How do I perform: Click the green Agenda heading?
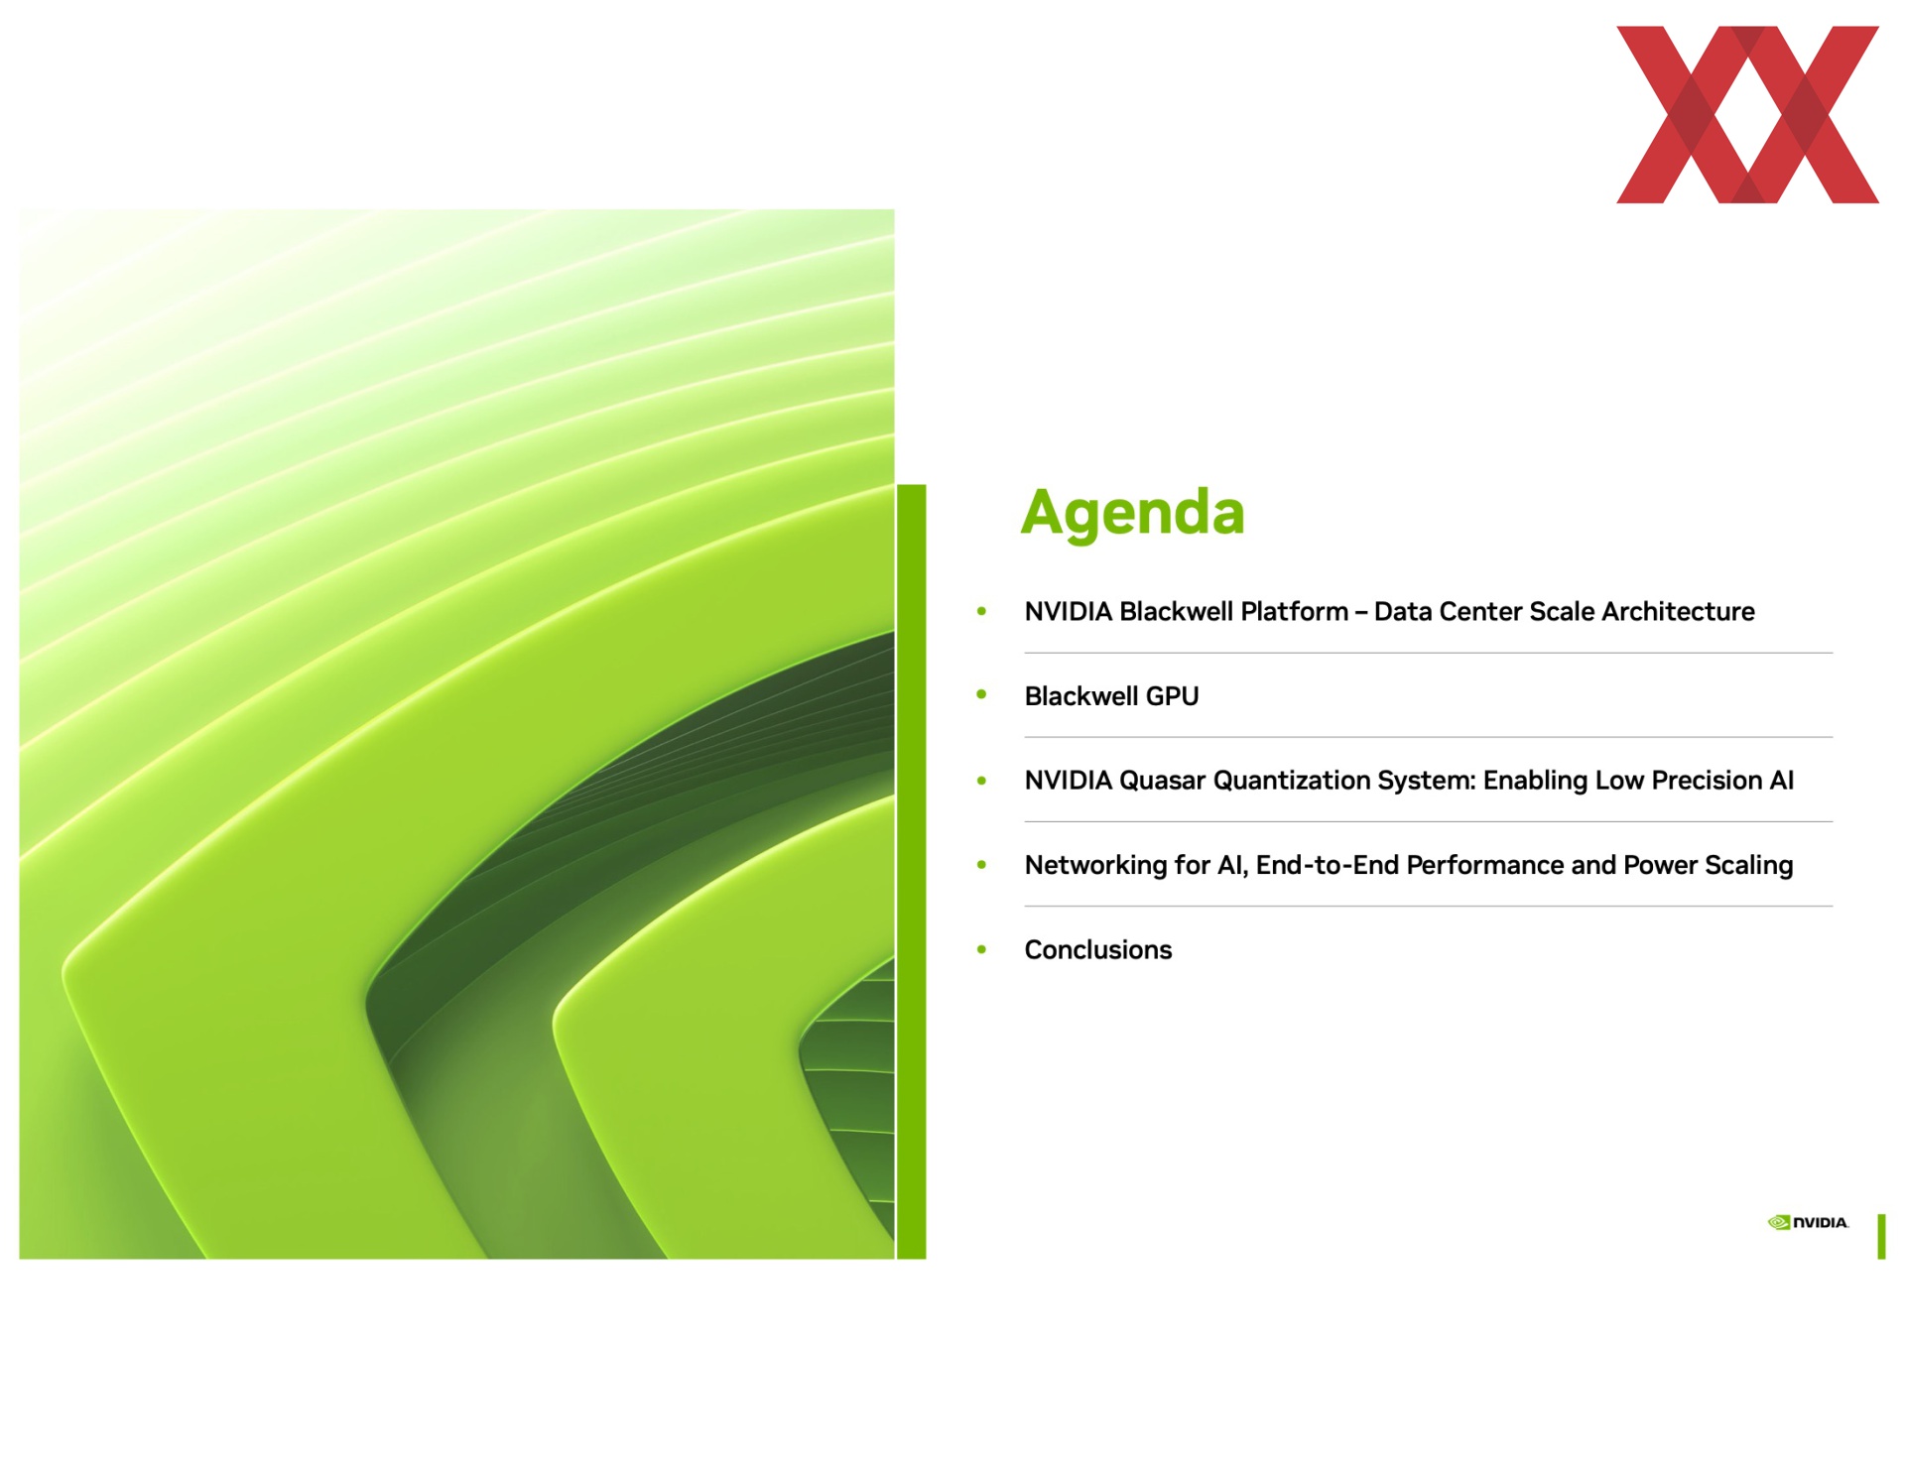pyautogui.click(x=1132, y=513)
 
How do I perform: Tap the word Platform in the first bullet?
pyautogui.click(x=1294, y=612)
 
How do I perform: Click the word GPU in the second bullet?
pyautogui.click(x=1172, y=696)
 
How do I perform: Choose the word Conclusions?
pyautogui.click(x=1098, y=950)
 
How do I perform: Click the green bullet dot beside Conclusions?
pyautogui.click(x=981, y=949)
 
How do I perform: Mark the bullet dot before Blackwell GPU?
pyautogui.click(x=981, y=694)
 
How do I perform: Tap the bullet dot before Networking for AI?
pyautogui.click(x=981, y=865)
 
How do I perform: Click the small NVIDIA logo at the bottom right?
pyautogui.click(x=1808, y=1222)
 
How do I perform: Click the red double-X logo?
pyautogui.click(x=1747, y=115)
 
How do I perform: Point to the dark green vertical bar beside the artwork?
pyautogui.click(x=911, y=872)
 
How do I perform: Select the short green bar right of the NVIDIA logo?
pyautogui.click(x=1881, y=1236)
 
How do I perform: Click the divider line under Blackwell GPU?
pyautogui.click(x=1429, y=737)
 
